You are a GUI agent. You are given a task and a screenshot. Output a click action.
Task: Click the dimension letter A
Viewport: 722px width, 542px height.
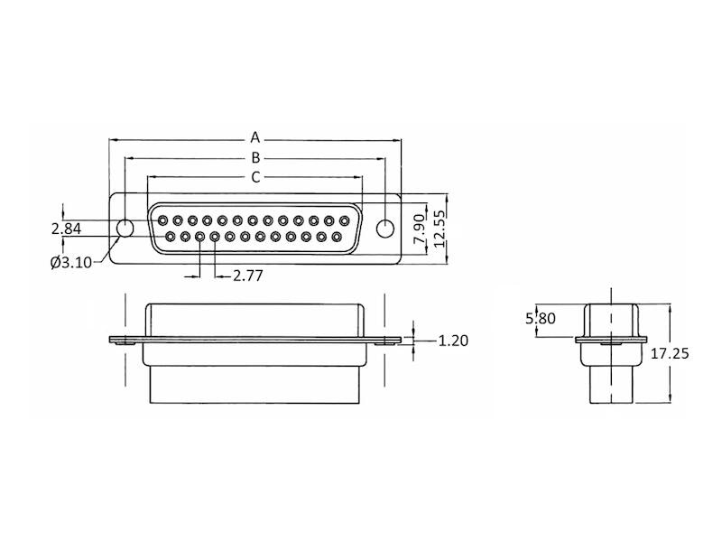(255, 137)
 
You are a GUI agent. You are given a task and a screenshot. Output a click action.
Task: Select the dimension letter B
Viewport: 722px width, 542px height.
(255, 157)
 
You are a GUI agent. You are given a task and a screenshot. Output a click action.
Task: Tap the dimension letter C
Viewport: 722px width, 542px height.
(255, 177)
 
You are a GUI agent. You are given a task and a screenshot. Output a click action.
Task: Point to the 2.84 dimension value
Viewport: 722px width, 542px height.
(66, 229)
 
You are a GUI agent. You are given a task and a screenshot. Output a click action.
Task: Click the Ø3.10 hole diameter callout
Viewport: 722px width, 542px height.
(71, 263)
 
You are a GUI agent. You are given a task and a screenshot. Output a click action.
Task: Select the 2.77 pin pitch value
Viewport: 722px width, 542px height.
(247, 276)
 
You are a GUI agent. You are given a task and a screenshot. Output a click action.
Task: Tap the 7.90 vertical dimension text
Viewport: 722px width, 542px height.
(419, 229)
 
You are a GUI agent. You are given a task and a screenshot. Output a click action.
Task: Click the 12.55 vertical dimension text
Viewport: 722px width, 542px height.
(440, 229)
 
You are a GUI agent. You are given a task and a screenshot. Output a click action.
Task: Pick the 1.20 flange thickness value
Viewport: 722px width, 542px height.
(453, 341)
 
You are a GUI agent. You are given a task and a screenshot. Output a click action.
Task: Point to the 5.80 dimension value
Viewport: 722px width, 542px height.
(541, 318)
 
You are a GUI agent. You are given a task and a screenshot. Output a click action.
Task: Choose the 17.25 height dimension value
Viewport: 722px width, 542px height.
(670, 353)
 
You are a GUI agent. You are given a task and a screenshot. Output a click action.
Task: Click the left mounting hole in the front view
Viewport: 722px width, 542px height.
(125, 229)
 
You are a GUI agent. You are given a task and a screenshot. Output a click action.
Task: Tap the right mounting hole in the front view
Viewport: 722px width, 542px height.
(385, 229)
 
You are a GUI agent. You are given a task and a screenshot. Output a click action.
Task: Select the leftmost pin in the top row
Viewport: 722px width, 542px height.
(162, 220)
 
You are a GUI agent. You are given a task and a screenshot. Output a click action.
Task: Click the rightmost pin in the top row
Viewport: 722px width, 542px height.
(344, 220)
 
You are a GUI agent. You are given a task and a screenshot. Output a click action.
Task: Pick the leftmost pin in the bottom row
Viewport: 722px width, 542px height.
(170, 237)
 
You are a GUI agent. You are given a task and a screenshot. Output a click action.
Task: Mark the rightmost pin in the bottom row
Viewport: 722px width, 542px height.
(336, 237)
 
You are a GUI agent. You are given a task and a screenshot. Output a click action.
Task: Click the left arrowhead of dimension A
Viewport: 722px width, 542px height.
(112, 139)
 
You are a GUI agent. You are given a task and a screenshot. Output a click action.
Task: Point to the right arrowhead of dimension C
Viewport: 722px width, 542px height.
(358, 176)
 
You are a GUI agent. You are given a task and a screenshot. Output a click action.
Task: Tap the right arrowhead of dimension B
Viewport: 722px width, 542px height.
(381, 159)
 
